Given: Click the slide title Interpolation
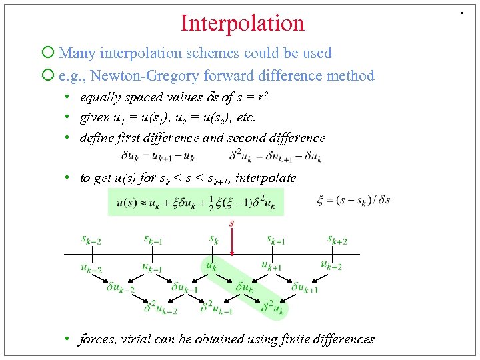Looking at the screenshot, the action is pyautogui.click(x=242, y=23).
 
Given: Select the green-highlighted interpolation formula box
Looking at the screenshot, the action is pyautogui.click(x=195, y=202).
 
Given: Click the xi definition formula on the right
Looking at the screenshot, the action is pyautogui.click(x=353, y=199).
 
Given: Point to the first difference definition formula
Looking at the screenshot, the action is pyautogui.click(x=158, y=157).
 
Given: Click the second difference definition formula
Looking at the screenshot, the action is pyautogui.click(x=275, y=157).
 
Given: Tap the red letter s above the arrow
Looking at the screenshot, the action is pyautogui.click(x=232, y=223).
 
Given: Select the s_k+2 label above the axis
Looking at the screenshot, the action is pyautogui.click(x=337, y=239).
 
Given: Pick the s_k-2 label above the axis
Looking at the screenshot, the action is pyautogui.click(x=91, y=239).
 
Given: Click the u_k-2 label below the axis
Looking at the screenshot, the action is pyautogui.click(x=91, y=269).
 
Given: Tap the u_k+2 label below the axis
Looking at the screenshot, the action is pyautogui.click(x=331, y=265).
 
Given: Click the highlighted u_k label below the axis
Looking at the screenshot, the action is pyautogui.click(x=211, y=265).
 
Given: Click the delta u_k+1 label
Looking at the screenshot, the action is pyautogui.click(x=306, y=287).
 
